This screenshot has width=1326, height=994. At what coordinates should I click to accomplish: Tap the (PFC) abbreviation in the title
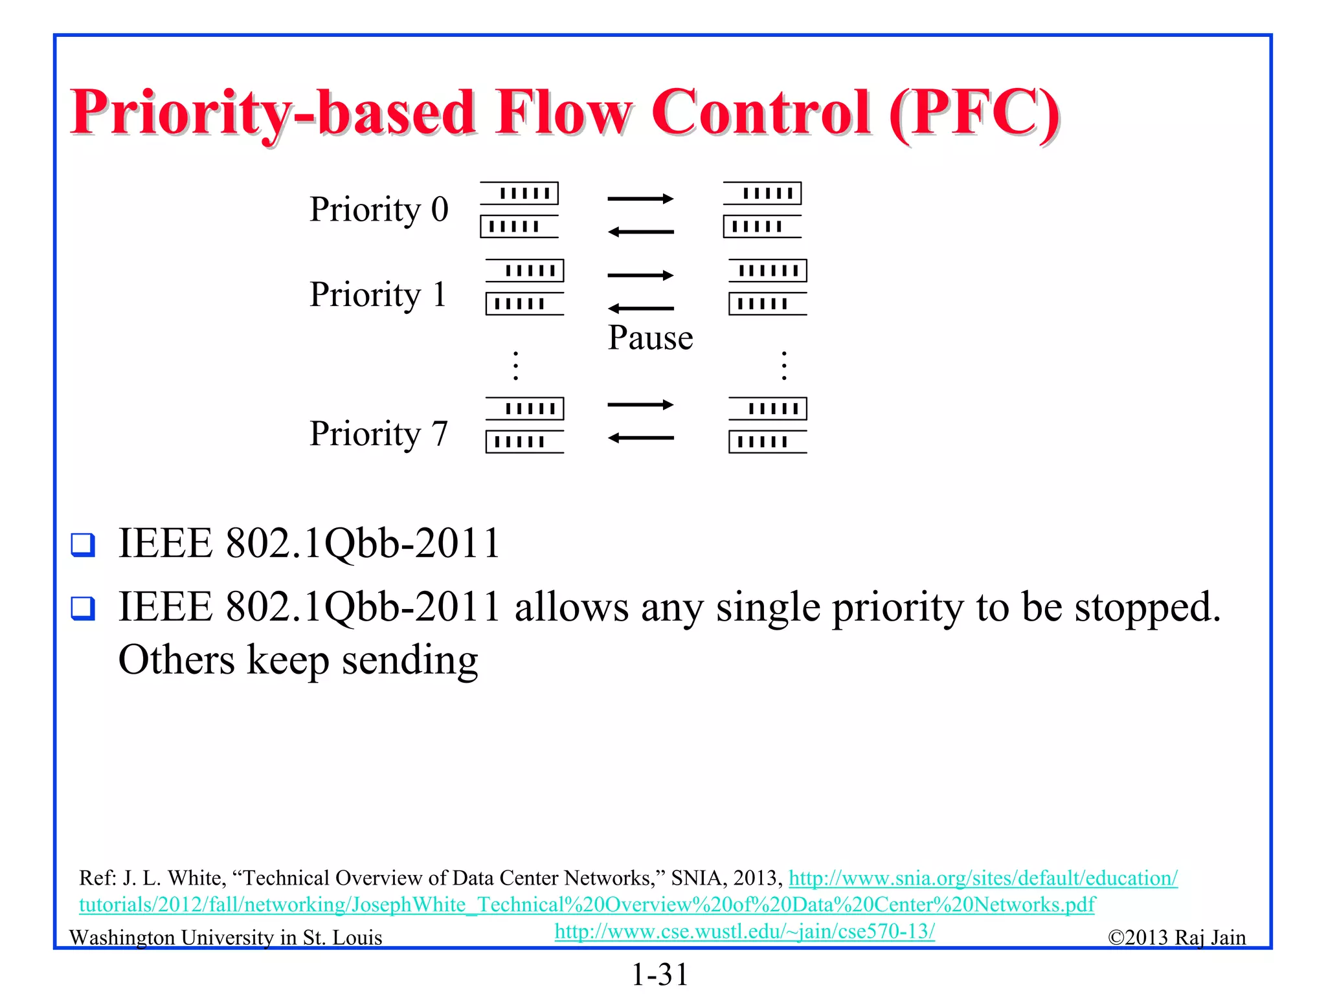(974, 113)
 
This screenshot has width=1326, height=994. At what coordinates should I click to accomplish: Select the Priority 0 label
(379, 209)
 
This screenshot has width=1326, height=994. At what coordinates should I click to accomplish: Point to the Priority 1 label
(378, 294)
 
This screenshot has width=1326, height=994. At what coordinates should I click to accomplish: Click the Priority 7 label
(379, 433)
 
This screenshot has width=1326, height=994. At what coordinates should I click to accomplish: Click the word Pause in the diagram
(650, 338)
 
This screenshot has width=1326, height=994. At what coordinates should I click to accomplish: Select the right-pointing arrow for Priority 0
(640, 199)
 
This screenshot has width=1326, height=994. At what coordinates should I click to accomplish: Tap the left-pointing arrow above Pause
(640, 309)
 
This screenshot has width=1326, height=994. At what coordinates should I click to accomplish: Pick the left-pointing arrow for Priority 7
(640, 438)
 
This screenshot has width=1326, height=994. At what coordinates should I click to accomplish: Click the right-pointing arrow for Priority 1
(640, 276)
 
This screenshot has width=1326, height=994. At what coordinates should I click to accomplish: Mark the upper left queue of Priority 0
(519, 193)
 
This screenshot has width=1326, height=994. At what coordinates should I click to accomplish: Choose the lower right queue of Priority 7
(767, 442)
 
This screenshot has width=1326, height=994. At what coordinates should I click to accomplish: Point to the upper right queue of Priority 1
(768, 271)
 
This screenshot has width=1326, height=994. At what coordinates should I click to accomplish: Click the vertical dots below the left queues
(515, 366)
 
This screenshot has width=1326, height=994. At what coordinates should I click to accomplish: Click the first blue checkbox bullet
(83, 544)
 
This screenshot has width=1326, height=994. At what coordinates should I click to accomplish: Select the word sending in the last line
(410, 661)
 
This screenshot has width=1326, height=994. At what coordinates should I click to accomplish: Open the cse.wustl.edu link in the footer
(745, 931)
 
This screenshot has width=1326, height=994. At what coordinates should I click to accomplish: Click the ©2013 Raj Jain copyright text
(1176, 937)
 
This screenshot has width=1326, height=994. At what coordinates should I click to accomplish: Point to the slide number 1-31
(660, 974)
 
